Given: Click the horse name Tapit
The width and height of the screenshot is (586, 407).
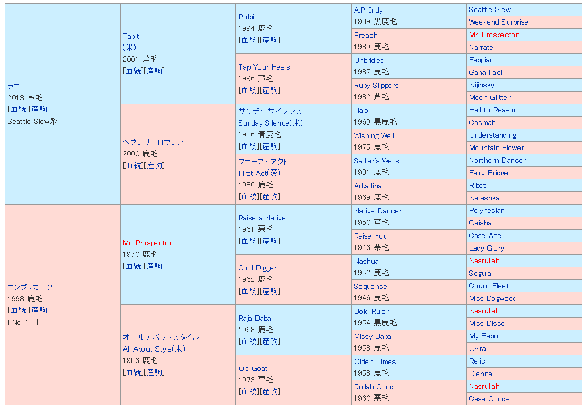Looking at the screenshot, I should click(x=131, y=36).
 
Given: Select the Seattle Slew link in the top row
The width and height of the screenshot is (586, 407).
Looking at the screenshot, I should click(x=490, y=9).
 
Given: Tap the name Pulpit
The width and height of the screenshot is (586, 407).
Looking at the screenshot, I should click(x=247, y=17).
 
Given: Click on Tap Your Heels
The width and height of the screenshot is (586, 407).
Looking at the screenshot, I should click(x=264, y=67).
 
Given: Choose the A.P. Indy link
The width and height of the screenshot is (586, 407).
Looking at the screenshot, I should click(x=368, y=10).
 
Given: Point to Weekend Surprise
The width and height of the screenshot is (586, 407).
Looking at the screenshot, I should click(x=499, y=22).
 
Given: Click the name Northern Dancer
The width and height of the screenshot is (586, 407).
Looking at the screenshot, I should click(x=497, y=160).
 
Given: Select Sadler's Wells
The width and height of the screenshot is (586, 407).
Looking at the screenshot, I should click(x=376, y=161).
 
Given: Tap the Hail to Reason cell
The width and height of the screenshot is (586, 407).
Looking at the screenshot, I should click(x=493, y=110).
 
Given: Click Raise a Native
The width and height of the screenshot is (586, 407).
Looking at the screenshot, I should click(x=262, y=218).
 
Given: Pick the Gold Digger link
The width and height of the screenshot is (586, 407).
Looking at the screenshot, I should click(x=257, y=268).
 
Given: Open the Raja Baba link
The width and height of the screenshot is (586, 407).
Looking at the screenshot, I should click(x=255, y=318).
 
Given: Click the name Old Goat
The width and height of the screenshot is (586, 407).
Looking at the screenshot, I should click(x=253, y=368).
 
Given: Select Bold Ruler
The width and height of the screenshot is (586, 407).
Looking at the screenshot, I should click(x=371, y=311).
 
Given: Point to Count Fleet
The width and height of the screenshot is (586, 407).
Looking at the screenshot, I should click(x=489, y=286).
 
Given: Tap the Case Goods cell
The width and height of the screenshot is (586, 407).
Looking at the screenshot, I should click(x=489, y=399).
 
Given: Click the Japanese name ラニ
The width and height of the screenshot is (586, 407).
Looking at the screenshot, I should click(x=14, y=86).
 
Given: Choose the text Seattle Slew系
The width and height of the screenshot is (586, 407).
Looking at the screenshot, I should click(x=32, y=121).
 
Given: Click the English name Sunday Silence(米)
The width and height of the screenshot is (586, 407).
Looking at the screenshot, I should click(x=271, y=123).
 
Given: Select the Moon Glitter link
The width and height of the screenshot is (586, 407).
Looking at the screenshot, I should click(x=490, y=97).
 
